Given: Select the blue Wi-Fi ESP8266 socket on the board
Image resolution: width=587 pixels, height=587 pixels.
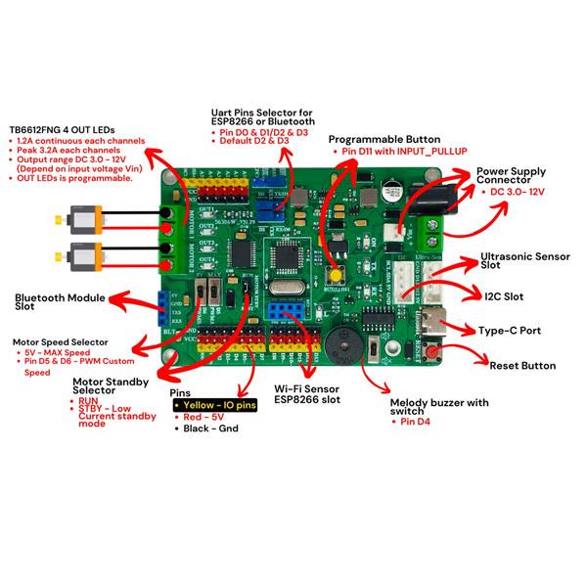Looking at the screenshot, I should click(x=288, y=311).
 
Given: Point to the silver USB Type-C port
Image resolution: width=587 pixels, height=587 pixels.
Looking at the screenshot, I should click(x=431, y=319).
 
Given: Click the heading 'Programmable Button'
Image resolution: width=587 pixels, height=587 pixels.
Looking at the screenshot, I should click(x=384, y=140).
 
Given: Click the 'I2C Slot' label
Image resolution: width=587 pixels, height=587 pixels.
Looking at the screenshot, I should click(x=505, y=294).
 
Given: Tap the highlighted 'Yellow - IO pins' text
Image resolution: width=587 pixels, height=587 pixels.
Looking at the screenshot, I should click(x=214, y=404).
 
